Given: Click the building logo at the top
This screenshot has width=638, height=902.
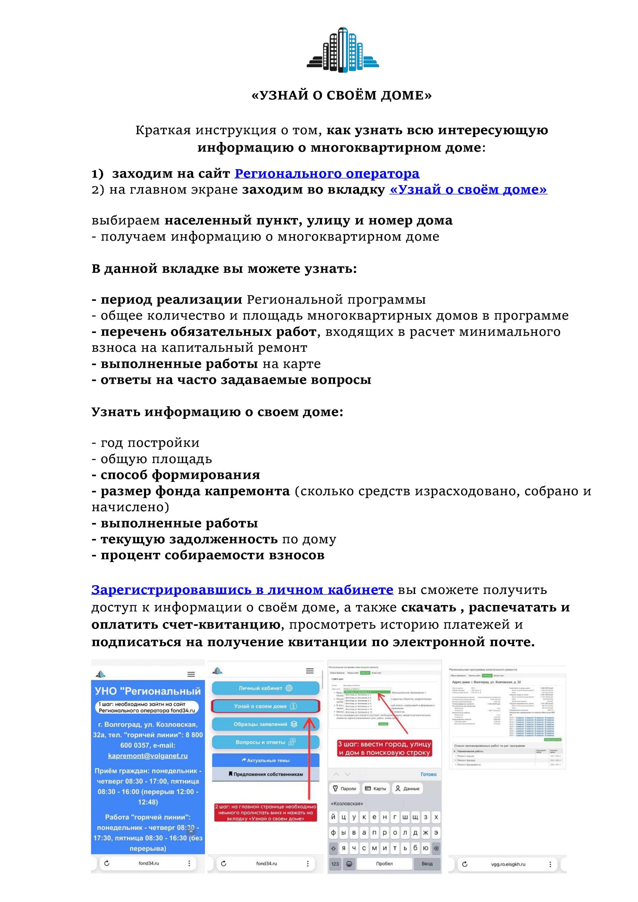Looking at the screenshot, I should click(x=342, y=50).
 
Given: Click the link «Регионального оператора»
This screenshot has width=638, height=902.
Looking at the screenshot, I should click(x=327, y=173).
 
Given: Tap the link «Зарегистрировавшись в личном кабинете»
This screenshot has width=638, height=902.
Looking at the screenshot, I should click(x=242, y=590).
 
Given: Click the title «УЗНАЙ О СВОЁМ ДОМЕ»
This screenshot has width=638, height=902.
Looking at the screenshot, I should click(x=341, y=95).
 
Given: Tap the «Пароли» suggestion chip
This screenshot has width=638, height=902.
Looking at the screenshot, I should click(x=345, y=789).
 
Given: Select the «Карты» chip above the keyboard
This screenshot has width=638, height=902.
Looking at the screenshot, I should click(x=376, y=789).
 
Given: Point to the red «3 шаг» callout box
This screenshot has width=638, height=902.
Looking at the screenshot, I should click(x=385, y=748).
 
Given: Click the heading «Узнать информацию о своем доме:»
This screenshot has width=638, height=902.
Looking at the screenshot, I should click(x=217, y=412).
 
